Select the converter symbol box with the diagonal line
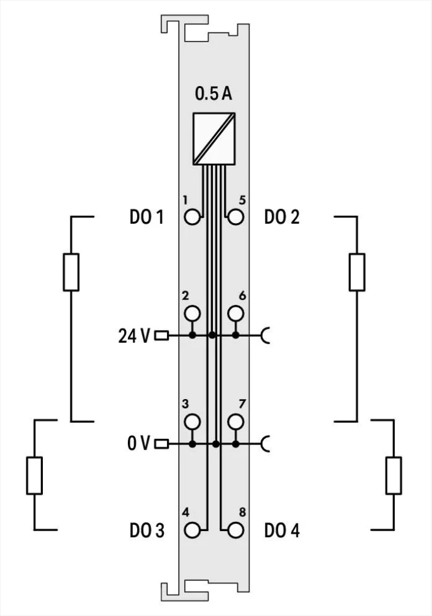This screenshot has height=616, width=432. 214,139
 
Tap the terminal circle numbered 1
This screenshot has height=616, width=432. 192,216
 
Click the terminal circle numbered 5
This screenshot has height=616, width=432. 235,216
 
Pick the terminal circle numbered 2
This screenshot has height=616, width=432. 192,313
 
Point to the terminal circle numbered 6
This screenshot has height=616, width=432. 235,313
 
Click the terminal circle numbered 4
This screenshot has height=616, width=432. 192,529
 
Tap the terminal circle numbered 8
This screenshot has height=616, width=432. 235,529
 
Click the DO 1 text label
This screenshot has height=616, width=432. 147,217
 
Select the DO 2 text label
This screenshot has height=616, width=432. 282,217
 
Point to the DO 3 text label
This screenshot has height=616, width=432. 147,530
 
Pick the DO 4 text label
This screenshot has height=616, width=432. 282,530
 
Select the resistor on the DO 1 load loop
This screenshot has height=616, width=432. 71,271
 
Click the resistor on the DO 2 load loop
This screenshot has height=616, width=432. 357,271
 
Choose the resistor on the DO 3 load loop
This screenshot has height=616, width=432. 34,475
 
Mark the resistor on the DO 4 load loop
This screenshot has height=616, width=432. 393,475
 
